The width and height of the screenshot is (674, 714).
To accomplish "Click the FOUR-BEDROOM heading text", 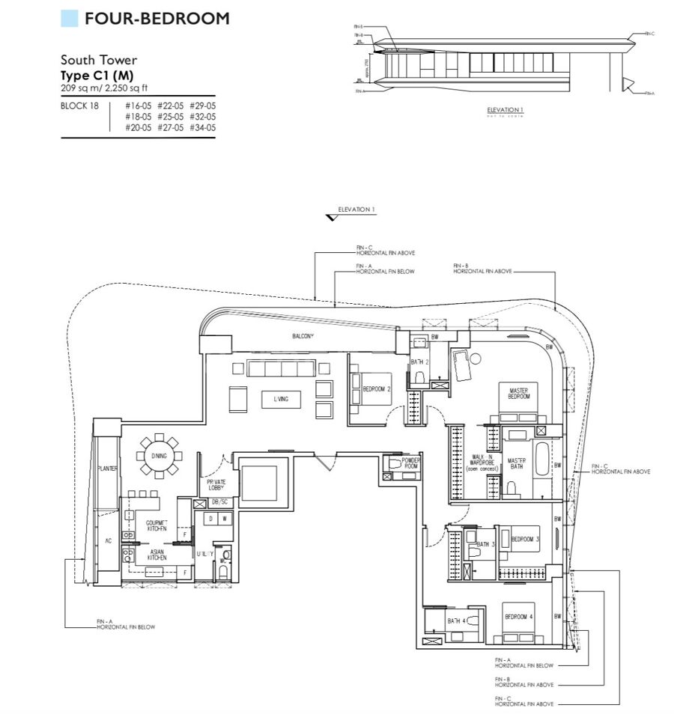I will pyautogui.click(x=157, y=19).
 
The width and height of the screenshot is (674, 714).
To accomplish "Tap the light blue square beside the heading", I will pyautogui.click(x=69, y=19).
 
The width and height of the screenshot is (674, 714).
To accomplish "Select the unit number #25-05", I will pyautogui.click(x=170, y=117).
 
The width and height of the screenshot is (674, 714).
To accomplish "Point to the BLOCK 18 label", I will pyautogui.click(x=79, y=106).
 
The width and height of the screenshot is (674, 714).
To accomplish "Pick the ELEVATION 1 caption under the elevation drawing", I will pyautogui.click(x=505, y=110).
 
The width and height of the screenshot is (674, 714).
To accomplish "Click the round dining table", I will pyautogui.click(x=160, y=456).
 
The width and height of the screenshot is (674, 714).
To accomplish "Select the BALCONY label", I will pyautogui.click(x=303, y=337).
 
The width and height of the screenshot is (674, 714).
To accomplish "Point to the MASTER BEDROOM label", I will pyautogui.click(x=518, y=394).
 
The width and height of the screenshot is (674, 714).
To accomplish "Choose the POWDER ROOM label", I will pyautogui.click(x=411, y=464).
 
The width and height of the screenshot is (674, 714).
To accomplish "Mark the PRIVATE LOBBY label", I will pyautogui.click(x=207, y=486).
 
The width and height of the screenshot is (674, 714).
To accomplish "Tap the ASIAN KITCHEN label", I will pyautogui.click(x=156, y=555).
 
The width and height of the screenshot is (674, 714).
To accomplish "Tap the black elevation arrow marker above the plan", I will pyautogui.click(x=330, y=218).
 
